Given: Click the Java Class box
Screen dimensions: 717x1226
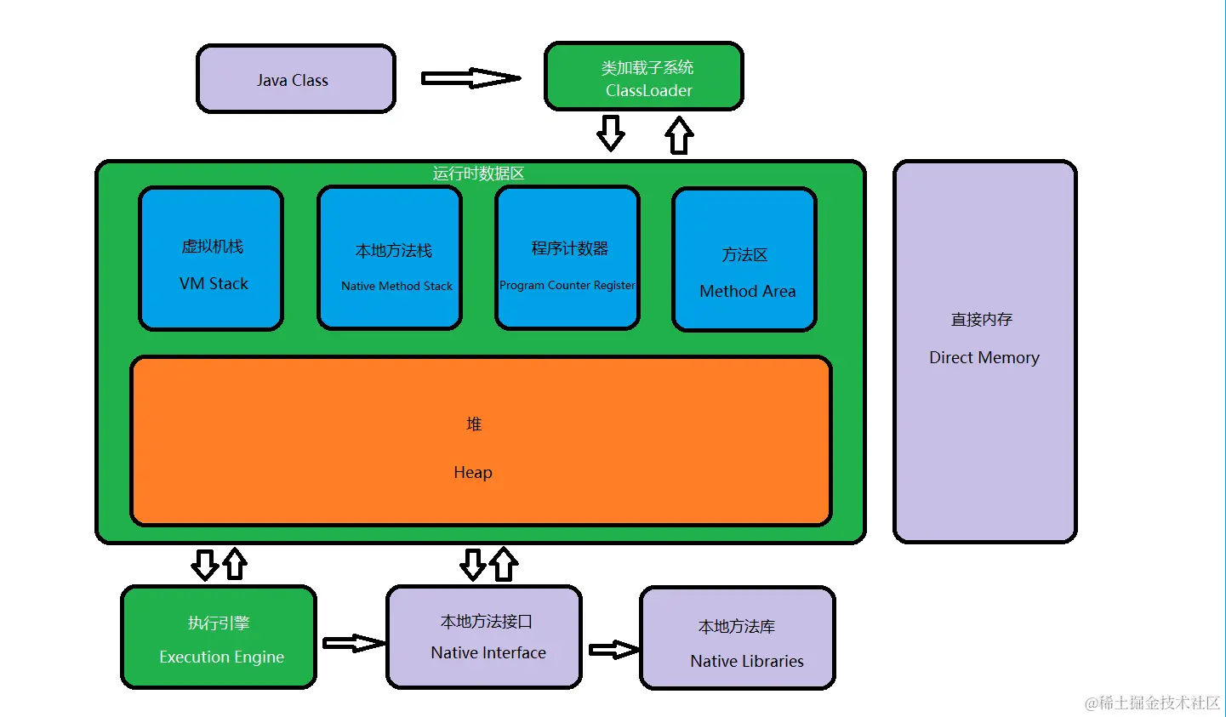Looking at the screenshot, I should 295,79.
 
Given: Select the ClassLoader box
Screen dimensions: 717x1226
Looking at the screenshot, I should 643,77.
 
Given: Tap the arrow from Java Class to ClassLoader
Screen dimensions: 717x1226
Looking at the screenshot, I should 470,78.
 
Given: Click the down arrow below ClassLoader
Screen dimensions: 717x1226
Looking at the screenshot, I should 610,133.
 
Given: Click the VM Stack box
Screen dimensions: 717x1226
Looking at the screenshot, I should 211,259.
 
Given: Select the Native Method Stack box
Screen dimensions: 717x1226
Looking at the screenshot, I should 390,259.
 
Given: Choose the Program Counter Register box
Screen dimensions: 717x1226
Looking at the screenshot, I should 567,259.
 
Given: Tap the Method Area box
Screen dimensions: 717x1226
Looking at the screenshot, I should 744,259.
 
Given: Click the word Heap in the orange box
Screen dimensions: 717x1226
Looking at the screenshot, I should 472,472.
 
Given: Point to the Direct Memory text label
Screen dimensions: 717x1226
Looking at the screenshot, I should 984,358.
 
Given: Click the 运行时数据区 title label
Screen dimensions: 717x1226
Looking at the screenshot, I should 478,174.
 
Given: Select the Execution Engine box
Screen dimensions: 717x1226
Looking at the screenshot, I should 219,637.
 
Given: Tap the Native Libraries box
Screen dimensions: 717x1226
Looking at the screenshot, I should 737,637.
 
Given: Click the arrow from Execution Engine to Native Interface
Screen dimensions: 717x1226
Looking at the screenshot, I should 353,643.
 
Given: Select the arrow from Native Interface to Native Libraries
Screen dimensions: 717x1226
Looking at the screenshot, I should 613,650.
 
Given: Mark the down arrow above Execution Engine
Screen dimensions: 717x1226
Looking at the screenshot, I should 204,564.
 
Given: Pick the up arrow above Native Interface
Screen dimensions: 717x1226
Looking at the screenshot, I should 504,563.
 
